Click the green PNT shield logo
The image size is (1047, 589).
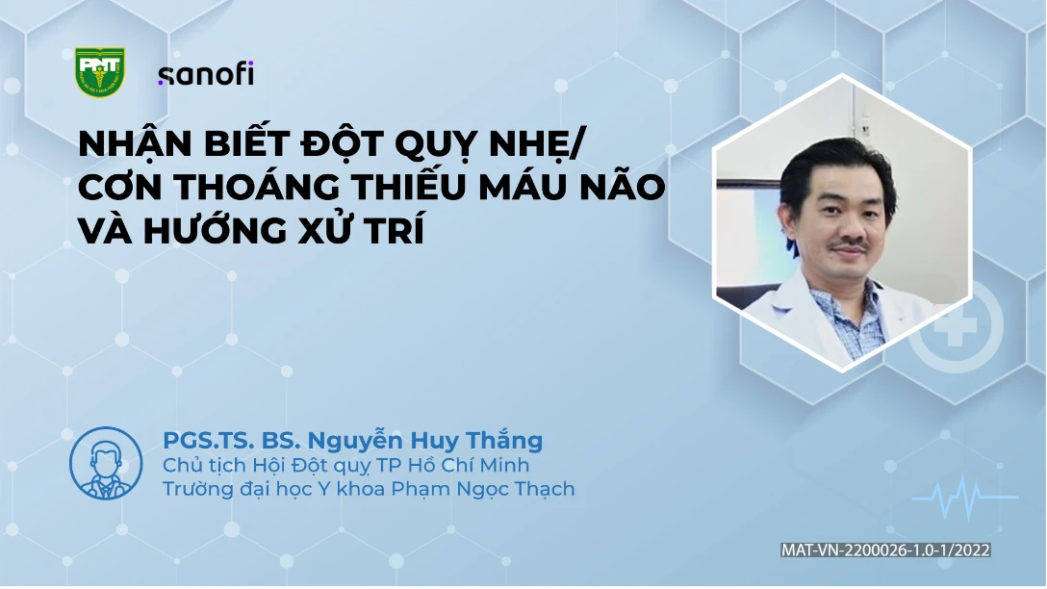click(x=99, y=71)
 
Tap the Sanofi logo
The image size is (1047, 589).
click(x=206, y=73)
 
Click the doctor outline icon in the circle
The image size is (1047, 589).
click(x=106, y=464)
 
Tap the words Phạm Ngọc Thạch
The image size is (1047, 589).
click(x=483, y=490)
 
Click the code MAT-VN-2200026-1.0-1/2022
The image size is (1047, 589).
click(x=885, y=550)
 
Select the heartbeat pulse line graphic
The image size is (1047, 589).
click(x=965, y=497)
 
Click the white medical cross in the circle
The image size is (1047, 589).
click(x=957, y=326)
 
